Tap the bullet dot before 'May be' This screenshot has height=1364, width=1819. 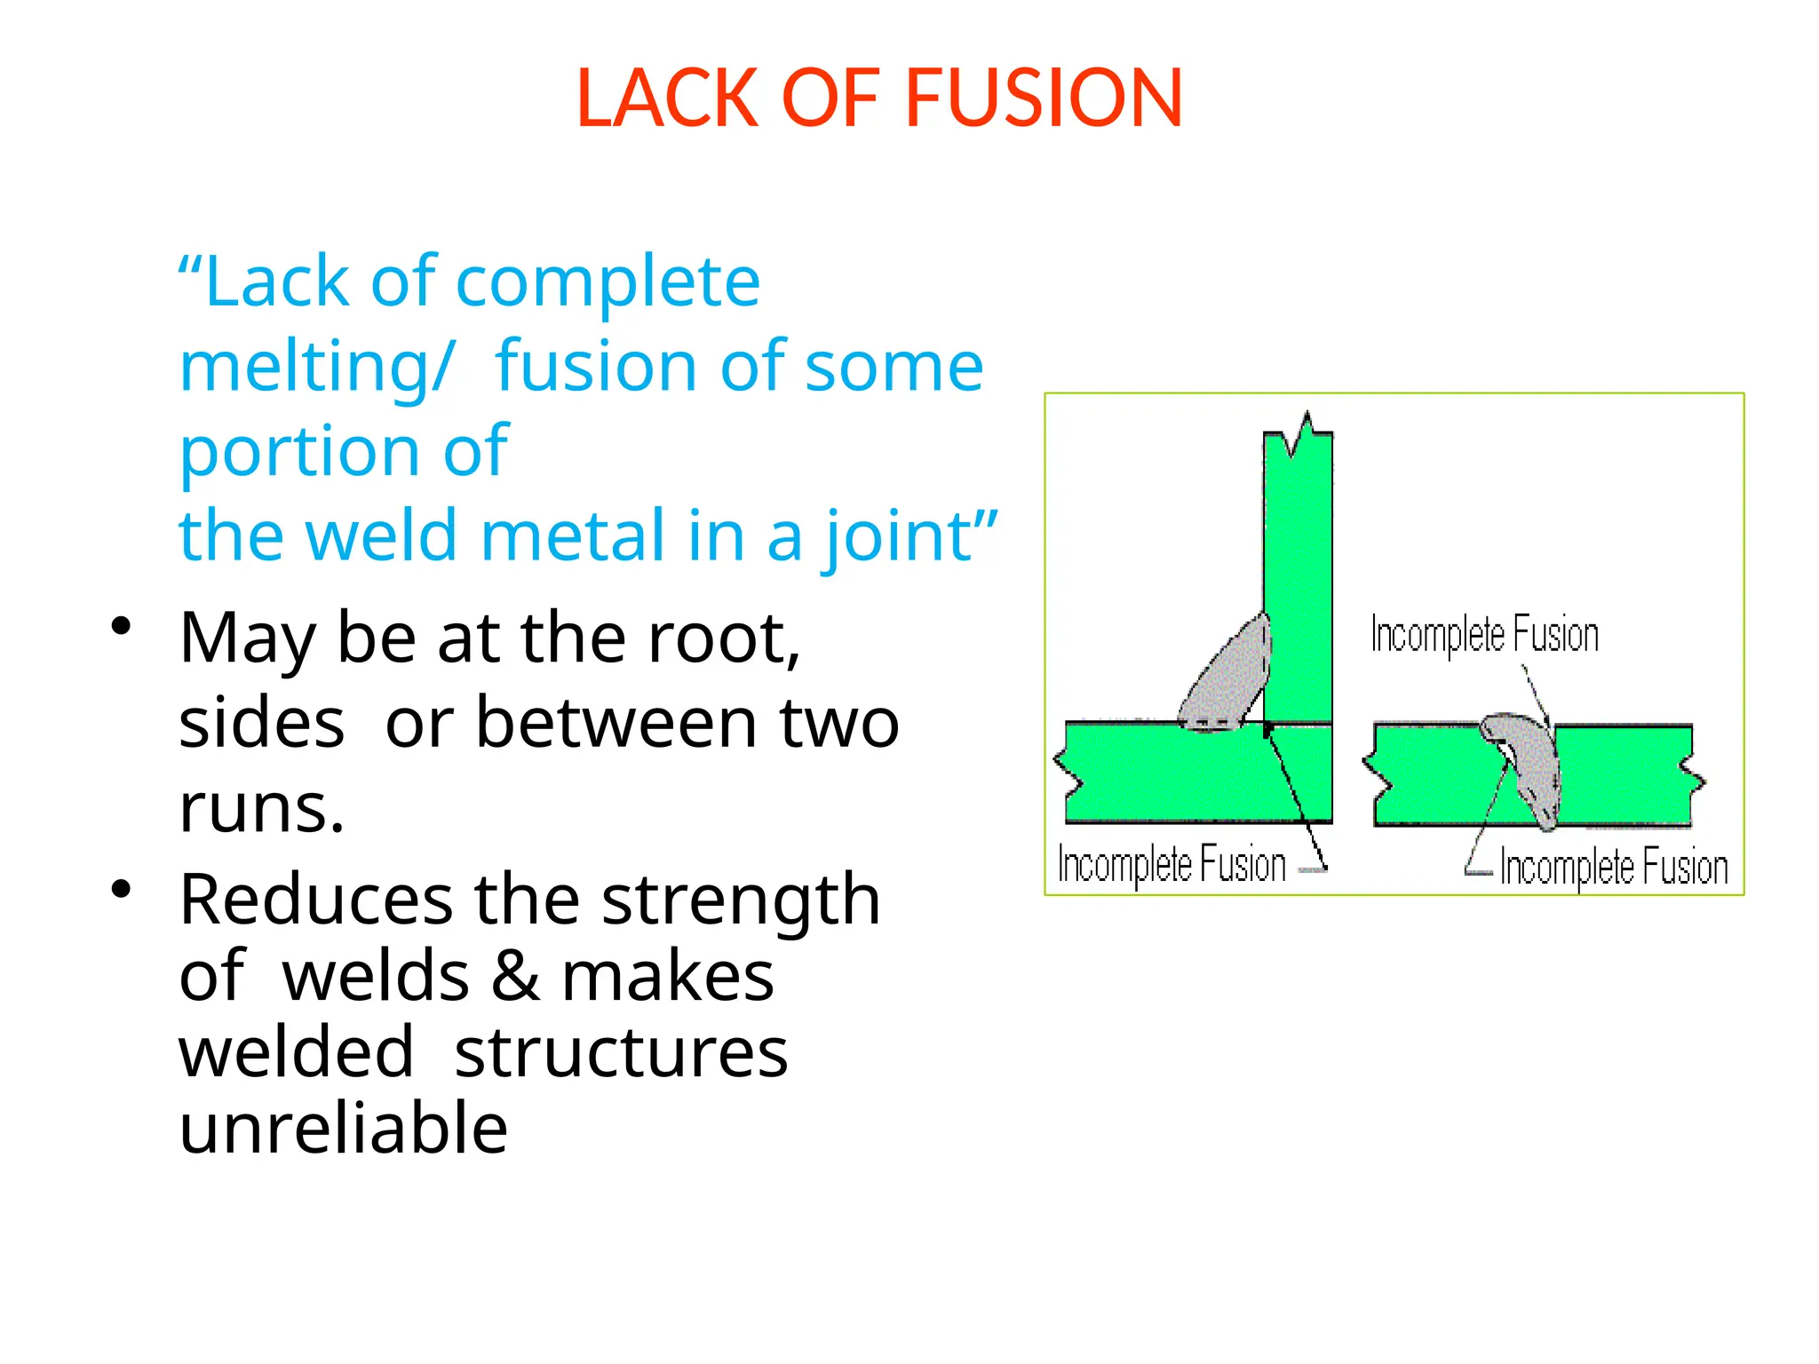(122, 626)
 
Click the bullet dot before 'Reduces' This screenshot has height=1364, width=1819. (122, 888)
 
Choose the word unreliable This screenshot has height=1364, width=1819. (344, 1128)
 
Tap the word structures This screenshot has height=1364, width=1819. (621, 1053)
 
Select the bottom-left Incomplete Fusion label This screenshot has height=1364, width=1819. (1172, 864)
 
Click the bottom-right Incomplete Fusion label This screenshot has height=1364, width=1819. (1614, 867)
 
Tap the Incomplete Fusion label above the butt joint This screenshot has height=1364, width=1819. (1484, 635)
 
